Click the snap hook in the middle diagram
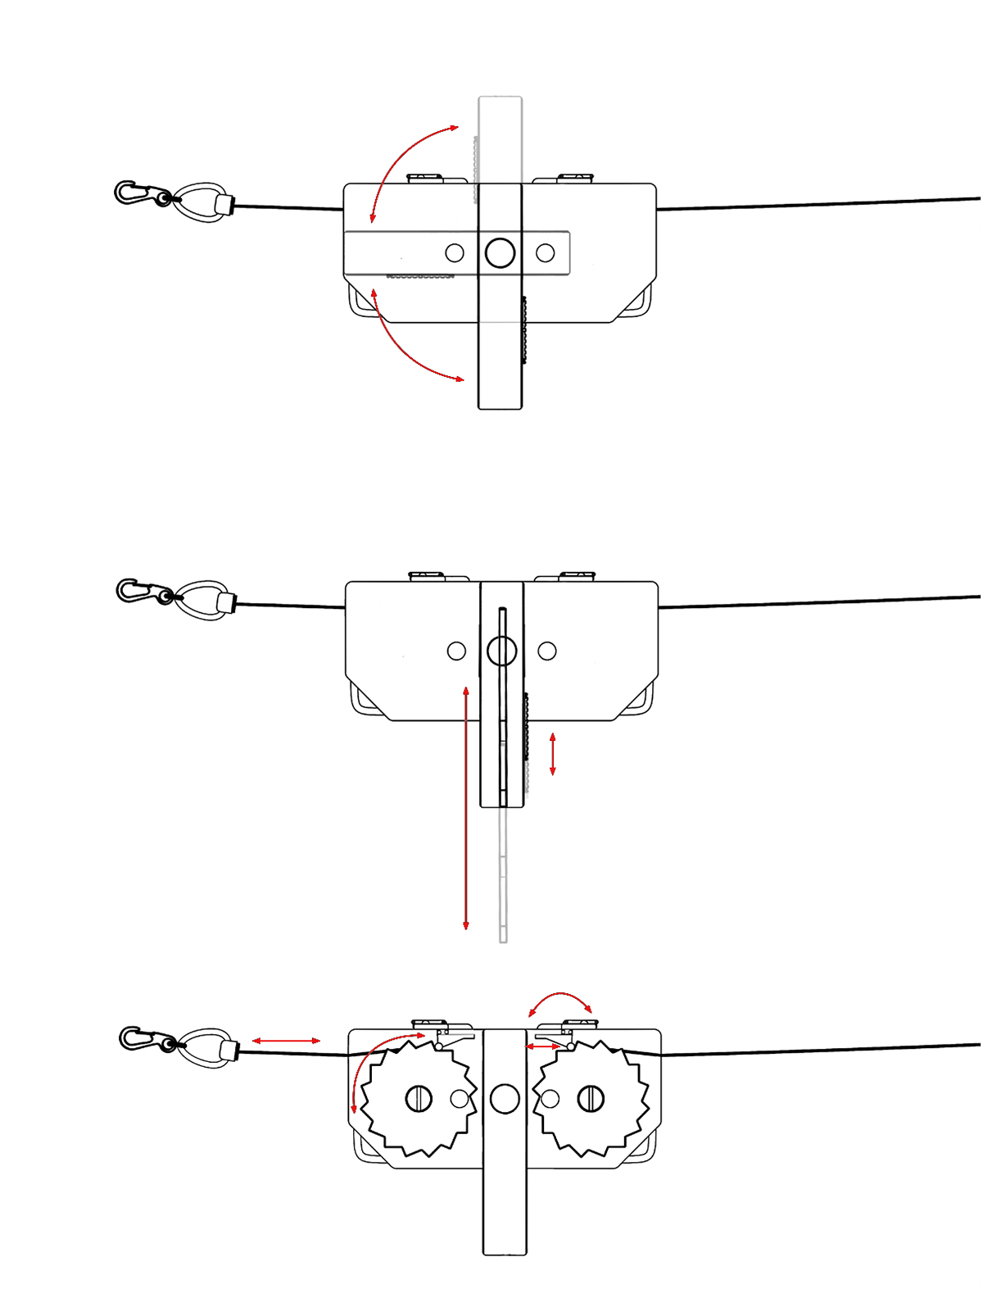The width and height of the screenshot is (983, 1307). (138, 591)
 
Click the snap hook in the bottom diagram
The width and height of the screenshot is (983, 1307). (141, 1039)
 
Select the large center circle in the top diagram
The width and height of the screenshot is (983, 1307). (500, 252)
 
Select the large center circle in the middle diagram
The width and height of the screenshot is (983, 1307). (501, 651)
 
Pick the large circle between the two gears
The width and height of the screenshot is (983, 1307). (505, 1099)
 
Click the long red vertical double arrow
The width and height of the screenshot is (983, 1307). (466, 807)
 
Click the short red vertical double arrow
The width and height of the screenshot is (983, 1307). (553, 754)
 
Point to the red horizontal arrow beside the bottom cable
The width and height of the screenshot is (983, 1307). (286, 1041)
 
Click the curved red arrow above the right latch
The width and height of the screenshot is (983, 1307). (560, 998)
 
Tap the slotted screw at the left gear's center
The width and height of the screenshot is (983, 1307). (419, 1099)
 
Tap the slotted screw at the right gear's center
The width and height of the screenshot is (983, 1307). (591, 1099)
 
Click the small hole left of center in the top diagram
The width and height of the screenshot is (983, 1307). (455, 252)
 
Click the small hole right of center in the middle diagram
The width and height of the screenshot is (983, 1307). (547, 651)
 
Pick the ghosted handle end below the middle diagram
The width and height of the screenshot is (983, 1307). (503, 901)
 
